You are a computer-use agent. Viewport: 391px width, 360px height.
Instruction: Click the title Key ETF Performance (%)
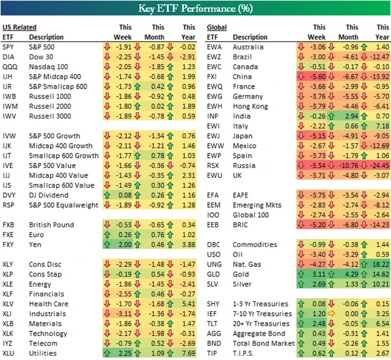click(195, 8)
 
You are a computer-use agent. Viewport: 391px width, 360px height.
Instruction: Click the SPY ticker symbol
click(8, 47)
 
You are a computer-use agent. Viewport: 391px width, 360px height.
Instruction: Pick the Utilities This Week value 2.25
click(125, 353)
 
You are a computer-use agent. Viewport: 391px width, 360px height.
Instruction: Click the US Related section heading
click(19, 28)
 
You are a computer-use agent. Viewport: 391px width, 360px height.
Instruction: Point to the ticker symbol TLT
click(213, 323)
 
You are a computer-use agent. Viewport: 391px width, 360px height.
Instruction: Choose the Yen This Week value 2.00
click(125, 244)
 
